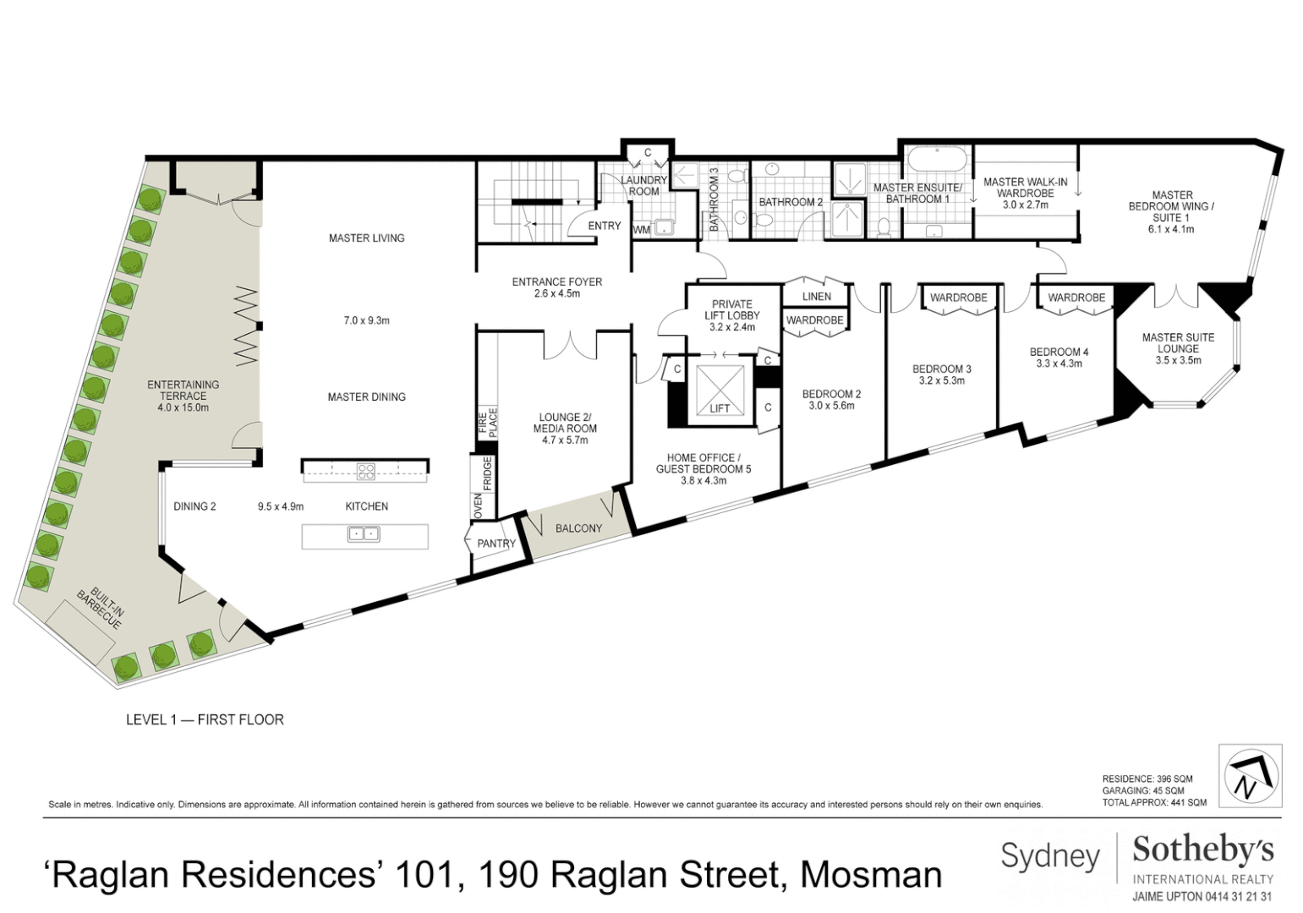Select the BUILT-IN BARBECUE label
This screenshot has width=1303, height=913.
tap(100, 608)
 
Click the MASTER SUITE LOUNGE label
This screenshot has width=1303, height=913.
tap(1178, 342)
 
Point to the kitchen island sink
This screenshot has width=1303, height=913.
tap(364, 534)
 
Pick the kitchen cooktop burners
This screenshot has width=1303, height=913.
tap(365, 472)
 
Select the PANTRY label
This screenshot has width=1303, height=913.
tap(496, 544)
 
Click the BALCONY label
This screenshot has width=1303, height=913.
tap(579, 528)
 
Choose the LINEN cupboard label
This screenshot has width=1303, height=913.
tap(817, 297)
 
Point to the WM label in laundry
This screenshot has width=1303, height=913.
tap(642, 229)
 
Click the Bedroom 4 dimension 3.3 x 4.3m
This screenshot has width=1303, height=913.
tap(1059, 364)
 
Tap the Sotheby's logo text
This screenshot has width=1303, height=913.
tap(1202, 850)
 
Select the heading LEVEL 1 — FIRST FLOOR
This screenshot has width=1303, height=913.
tap(205, 719)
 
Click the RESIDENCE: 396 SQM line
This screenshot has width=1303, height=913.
tap(1147, 779)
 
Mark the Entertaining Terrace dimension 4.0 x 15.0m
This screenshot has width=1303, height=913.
tap(183, 407)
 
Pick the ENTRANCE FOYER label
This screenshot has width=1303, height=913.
tap(557, 282)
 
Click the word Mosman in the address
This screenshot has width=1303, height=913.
tap(870, 875)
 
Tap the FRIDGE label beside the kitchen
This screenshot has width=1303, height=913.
tap(488, 474)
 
